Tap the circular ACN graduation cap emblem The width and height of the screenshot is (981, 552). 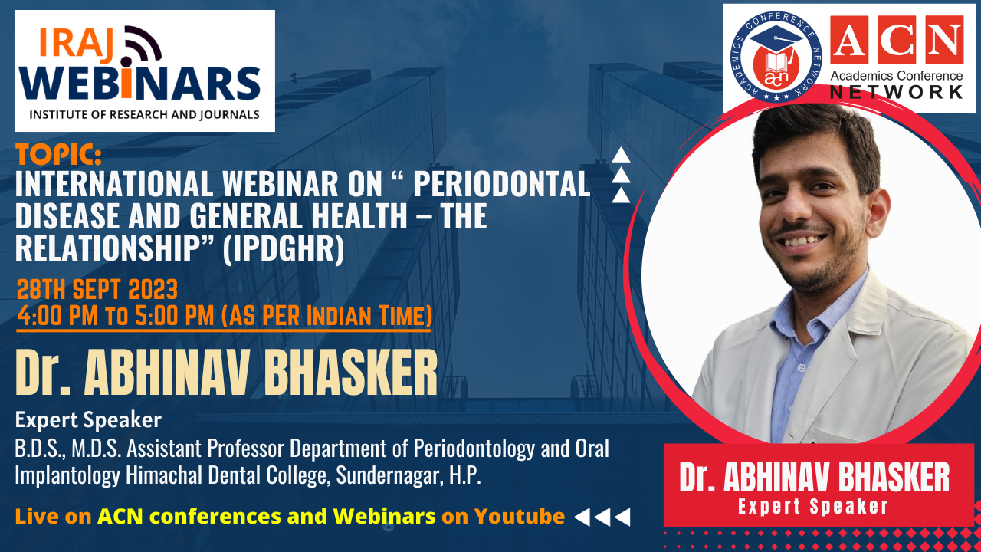776,57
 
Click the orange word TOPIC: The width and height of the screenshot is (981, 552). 59,154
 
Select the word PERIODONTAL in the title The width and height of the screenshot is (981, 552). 501,184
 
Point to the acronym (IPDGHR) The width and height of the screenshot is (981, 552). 284,248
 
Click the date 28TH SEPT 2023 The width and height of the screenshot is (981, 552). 97,290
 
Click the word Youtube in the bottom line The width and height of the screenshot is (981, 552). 520,516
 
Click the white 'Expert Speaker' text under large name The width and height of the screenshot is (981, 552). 88,419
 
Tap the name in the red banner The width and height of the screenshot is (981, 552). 814,477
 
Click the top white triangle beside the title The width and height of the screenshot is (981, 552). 621,156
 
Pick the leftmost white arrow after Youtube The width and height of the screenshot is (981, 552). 582,517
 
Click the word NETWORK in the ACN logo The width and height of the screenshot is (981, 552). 896,92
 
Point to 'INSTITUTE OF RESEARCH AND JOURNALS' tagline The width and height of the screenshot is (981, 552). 144,115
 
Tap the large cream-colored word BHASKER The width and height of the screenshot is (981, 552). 350,373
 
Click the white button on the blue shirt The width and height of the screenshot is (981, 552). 801,368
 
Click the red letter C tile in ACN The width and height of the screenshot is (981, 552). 897,40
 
